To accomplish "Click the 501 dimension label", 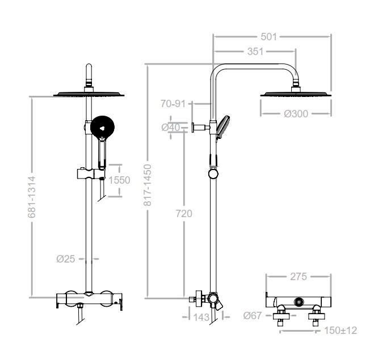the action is pyautogui.click(x=268, y=37).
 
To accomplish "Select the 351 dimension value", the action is pyautogui.click(x=255, y=52).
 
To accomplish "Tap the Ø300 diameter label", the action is pyautogui.click(x=296, y=113).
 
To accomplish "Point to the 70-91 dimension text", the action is pyautogui.click(x=173, y=104).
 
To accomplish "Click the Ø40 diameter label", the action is pyautogui.click(x=171, y=128).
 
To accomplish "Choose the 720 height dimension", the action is pyautogui.click(x=184, y=214).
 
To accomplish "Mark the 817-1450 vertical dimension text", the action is pyautogui.click(x=148, y=185).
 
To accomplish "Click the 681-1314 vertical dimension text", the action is pyautogui.click(x=32, y=197).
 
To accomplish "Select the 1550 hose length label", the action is pyautogui.click(x=119, y=180).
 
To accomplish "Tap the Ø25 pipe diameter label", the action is pyautogui.click(x=66, y=259).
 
